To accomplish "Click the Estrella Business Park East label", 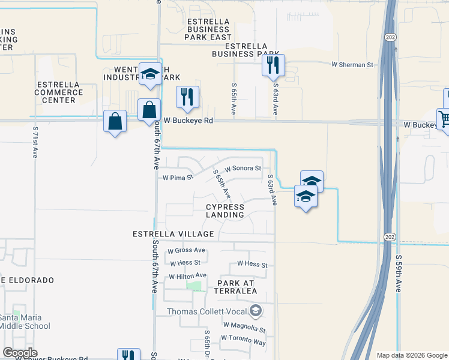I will tap(208, 29).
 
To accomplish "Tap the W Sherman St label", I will tap(352, 64).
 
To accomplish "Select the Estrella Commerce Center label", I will tap(58, 92).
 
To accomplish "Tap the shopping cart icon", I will tap(444, 119).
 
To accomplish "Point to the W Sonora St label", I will tap(243, 169).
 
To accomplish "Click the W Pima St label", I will tap(178, 178).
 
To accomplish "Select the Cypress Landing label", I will tap(225, 210).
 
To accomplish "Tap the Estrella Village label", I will tap(174, 233).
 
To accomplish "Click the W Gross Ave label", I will tap(187, 250).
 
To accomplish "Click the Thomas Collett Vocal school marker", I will tap(256, 311).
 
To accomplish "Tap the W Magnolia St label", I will tap(244, 329).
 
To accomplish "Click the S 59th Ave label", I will tap(397, 273).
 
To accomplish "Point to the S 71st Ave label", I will tap(35, 142).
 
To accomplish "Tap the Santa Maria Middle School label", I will tap(25, 322).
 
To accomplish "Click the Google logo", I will tap(20, 352).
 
